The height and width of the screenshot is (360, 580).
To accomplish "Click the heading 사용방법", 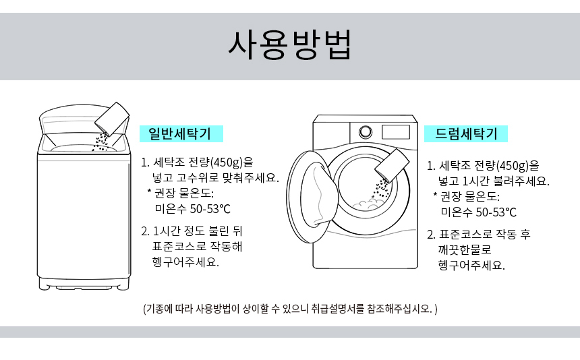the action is click(x=289, y=45).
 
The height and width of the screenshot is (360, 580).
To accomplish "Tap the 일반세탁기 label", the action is click(x=181, y=133).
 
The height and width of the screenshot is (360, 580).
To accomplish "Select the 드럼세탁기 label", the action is click(x=466, y=133).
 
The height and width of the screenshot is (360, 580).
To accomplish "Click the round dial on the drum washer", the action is click(x=366, y=131).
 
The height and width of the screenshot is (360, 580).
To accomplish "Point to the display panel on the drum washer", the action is click(x=395, y=132).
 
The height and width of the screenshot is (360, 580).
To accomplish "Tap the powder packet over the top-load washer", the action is click(x=112, y=118).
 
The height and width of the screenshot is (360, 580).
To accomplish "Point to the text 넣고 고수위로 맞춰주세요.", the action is click(x=216, y=178).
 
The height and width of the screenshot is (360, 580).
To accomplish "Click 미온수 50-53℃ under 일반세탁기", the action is click(x=193, y=209).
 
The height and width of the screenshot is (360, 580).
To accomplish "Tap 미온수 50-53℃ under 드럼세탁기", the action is click(x=479, y=212).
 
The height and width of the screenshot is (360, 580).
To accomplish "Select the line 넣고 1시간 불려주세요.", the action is click(x=494, y=181).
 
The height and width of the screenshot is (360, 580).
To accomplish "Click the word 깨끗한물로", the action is click(x=465, y=250).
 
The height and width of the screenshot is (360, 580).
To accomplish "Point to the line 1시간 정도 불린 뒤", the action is click(x=198, y=231).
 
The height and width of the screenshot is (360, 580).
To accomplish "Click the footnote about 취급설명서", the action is click(x=290, y=309).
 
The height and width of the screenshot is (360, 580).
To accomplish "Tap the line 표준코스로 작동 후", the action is click(x=484, y=235).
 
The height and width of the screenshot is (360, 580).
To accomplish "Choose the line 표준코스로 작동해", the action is click(x=197, y=247).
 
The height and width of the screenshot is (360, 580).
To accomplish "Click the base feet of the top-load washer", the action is click(x=84, y=285).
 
